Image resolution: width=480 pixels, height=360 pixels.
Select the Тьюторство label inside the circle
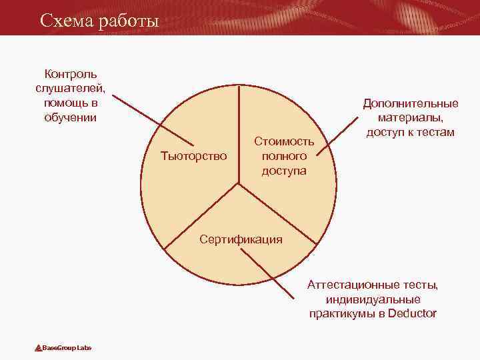click(194, 156)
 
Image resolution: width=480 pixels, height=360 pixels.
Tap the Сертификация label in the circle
click(241, 239)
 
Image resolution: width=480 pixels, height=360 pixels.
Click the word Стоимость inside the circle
click(284, 141)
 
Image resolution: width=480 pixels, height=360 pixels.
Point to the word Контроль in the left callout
click(71, 73)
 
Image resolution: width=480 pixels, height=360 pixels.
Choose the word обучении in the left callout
click(71, 117)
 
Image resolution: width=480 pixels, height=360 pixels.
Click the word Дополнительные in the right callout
click(411, 103)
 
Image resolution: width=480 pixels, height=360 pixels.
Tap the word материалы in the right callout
click(411, 118)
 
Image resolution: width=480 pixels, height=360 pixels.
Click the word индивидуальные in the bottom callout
click(373, 299)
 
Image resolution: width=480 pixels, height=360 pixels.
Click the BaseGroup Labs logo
click(64, 348)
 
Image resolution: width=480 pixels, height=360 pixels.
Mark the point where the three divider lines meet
click(239, 182)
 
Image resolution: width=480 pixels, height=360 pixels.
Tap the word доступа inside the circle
click(284, 171)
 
